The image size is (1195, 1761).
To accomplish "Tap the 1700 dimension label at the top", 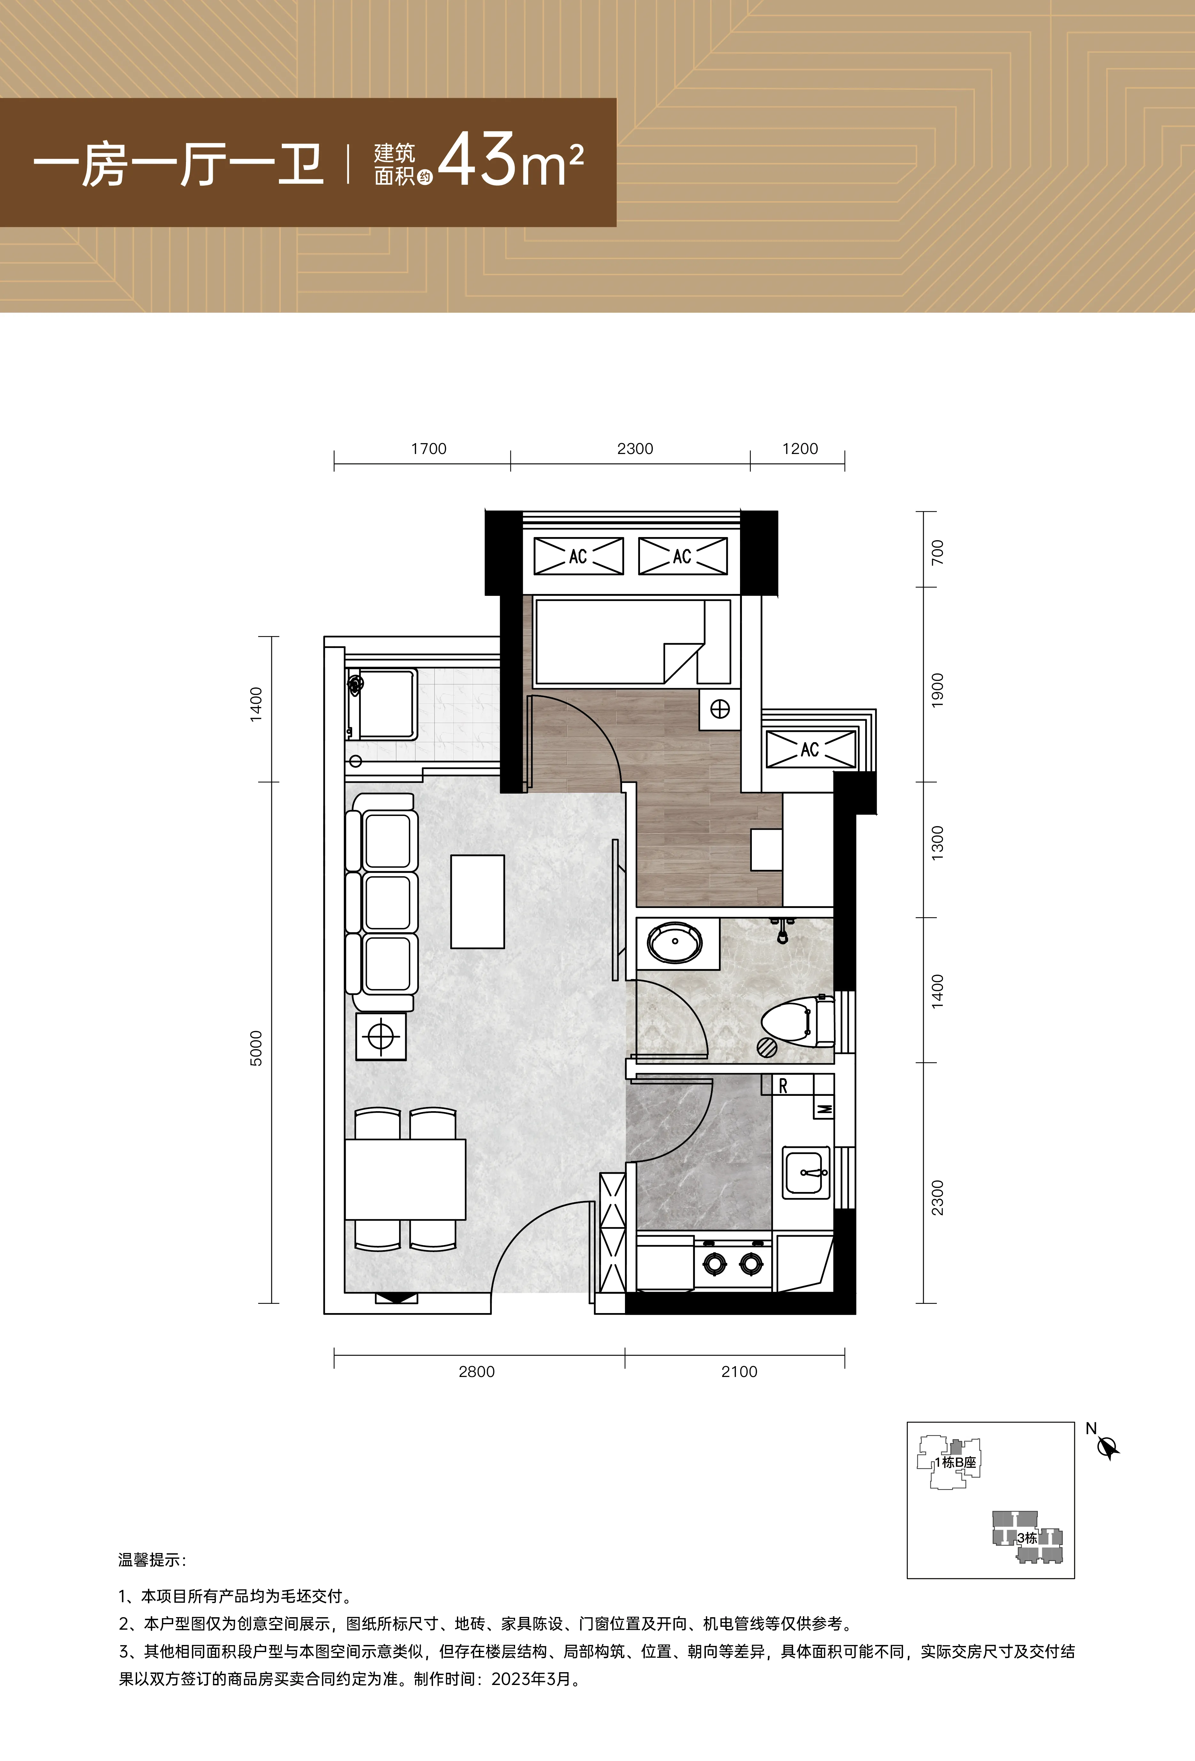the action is (x=429, y=449).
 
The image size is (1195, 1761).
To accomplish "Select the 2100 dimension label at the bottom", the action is (x=739, y=1372).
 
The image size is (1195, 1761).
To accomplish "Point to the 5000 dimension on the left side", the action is (x=256, y=1048).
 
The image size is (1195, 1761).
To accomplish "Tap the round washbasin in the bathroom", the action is (x=675, y=942).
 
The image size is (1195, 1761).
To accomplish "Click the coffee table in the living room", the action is (x=477, y=902).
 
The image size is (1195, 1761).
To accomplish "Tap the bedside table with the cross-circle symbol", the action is (x=720, y=709).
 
